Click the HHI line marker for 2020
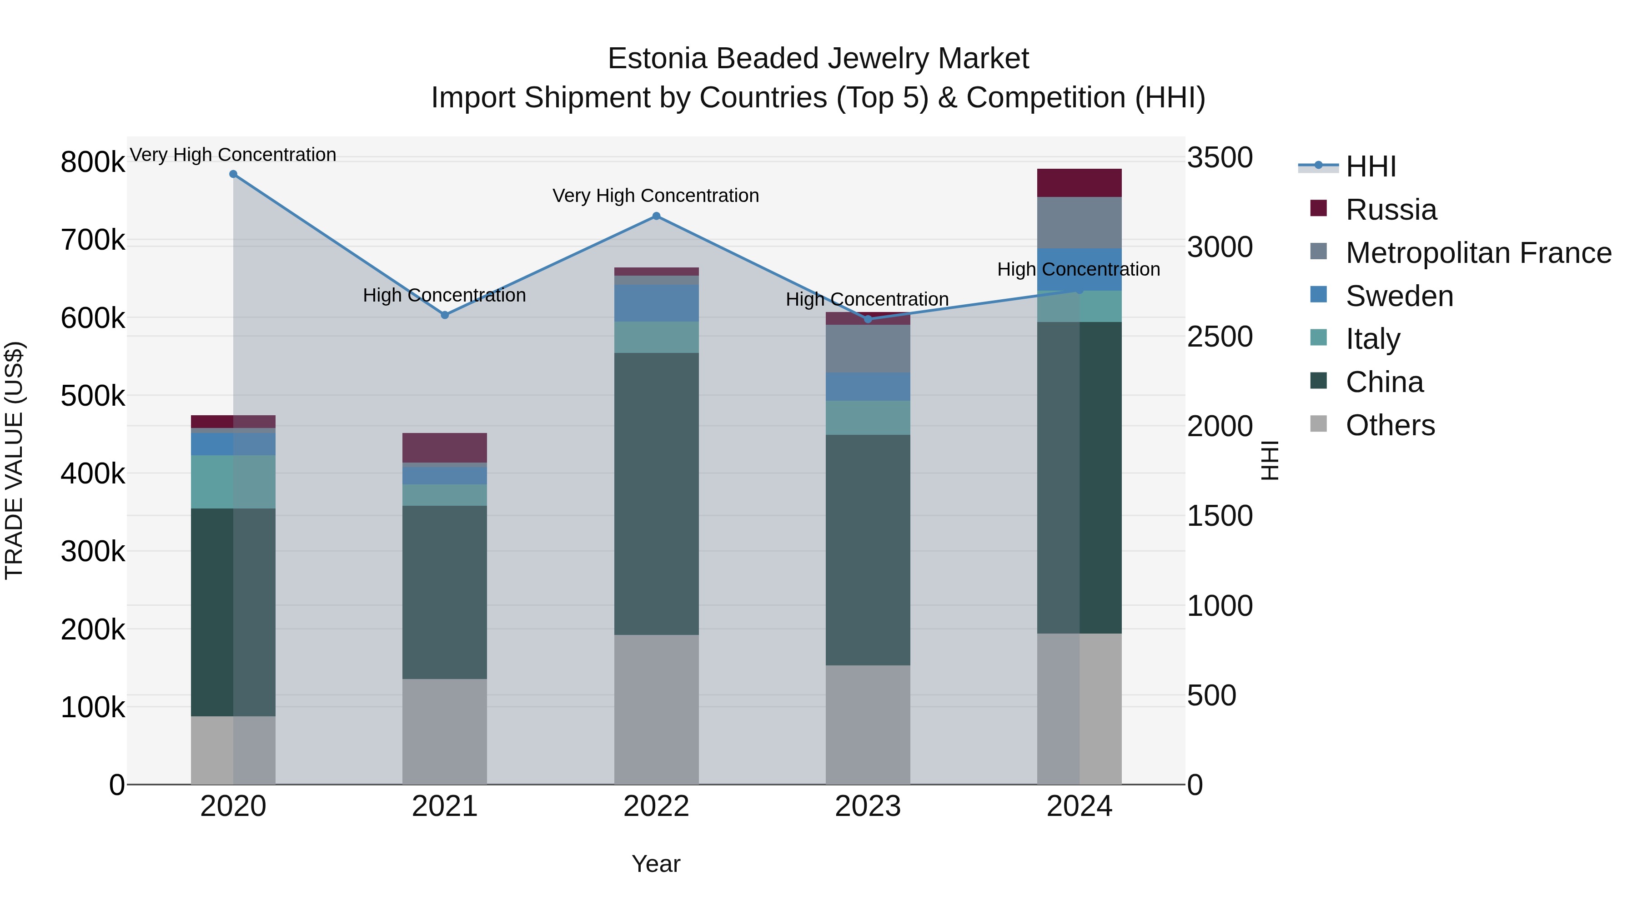point(233,174)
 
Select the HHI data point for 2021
point(445,315)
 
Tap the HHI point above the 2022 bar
point(657,216)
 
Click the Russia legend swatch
point(1319,208)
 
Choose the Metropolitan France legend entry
point(1478,252)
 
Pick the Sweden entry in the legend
point(1399,296)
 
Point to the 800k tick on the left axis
point(93,162)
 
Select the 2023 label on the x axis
point(868,806)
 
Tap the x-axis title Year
point(656,864)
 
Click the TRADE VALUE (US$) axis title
point(14,460)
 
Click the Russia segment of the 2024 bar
point(1079,183)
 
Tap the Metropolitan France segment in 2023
point(868,348)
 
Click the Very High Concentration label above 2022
point(656,196)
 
